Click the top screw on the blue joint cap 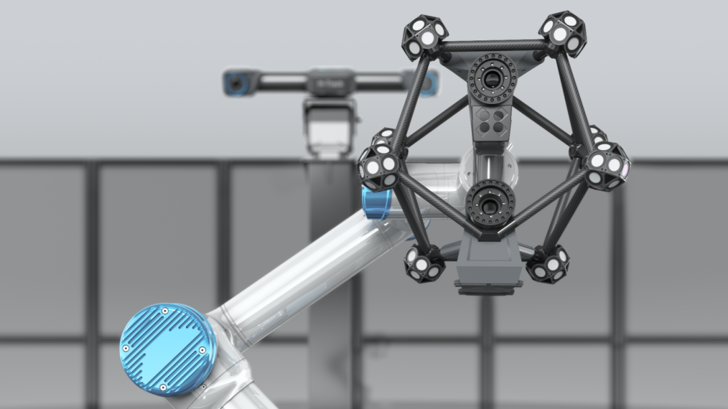pyautogui.click(x=164, y=311)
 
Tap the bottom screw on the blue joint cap pyautogui.click(x=162, y=387)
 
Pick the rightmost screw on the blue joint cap pyautogui.click(x=202, y=350)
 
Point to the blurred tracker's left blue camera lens pyautogui.click(x=235, y=84)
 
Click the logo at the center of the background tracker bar pyautogui.click(x=330, y=84)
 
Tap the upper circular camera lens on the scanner pyautogui.click(x=492, y=79)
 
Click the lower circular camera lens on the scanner pyautogui.click(x=490, y=203)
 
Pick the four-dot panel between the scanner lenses pyautogui.click(x=491, y=121)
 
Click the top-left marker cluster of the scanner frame pyautogui.click(x=425, y=37)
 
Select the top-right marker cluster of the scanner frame pyautogui.click(x=563, y=32)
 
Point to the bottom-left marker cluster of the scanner pyautogui.click(x=424, y=263)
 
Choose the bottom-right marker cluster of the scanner pyautogui.click(x=548, y=263)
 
